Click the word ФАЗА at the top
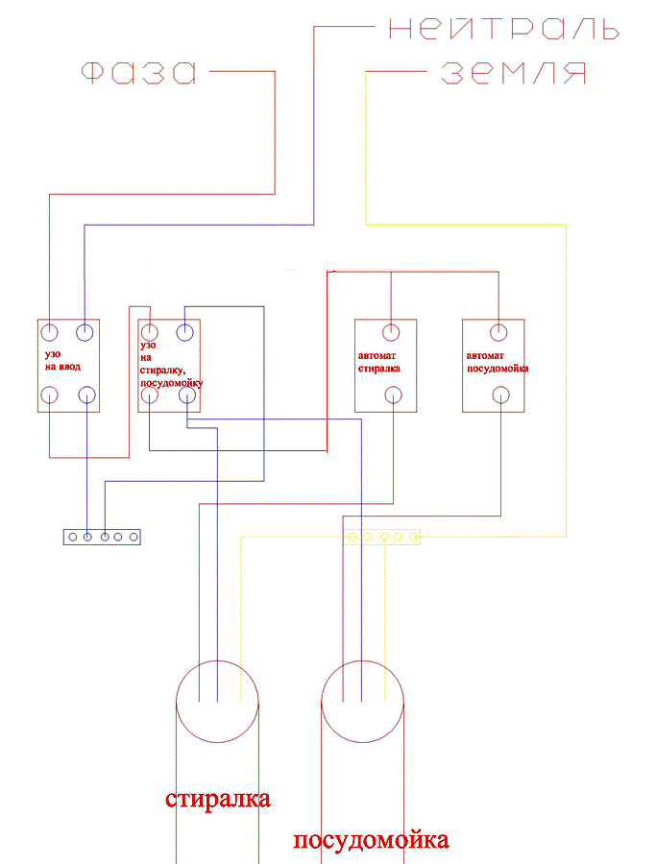139,72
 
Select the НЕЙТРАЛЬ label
504,28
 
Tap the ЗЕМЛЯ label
513,73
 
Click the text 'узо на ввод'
62,360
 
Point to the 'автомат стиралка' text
378,362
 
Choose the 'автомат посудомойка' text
498,362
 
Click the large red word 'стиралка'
218,799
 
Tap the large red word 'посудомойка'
371,840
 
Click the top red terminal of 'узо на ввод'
50,333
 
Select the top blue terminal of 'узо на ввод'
85,333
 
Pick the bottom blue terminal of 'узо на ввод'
86,396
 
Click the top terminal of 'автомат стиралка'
391,332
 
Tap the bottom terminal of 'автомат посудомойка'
500,396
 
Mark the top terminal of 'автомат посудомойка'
498,332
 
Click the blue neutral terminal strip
102,537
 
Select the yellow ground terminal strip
381,537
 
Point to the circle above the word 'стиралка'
217,660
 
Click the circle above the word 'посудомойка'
363,660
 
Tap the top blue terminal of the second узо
184,332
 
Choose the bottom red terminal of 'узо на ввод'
50,396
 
